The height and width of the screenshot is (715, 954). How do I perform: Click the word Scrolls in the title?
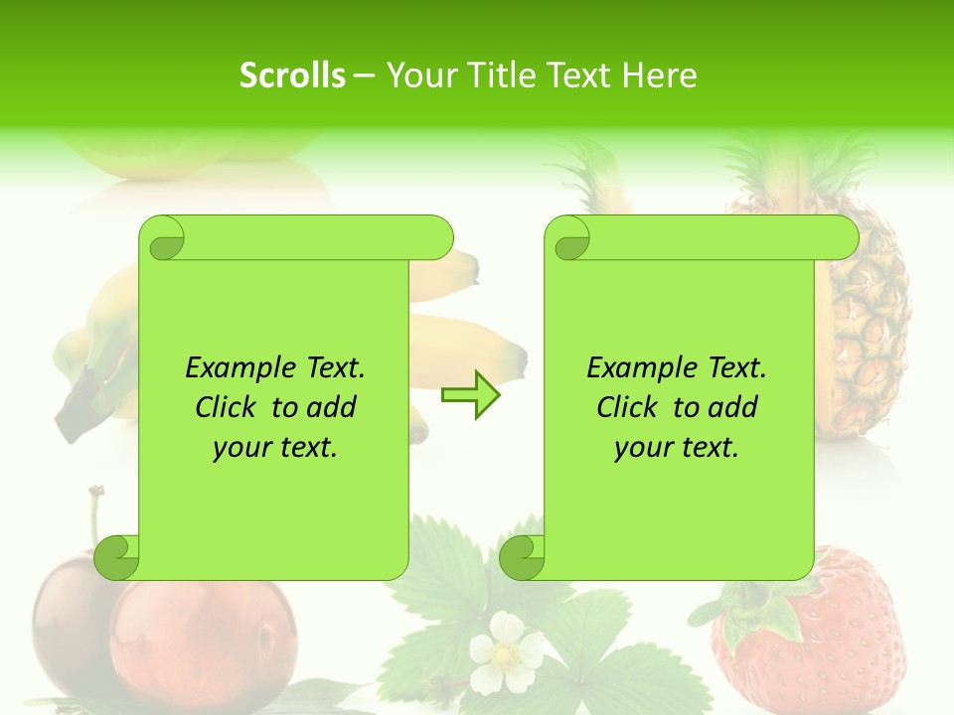pyautogui.click(x=292, y=75)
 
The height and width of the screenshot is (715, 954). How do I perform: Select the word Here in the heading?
pyautogui.click(x=659, y=75)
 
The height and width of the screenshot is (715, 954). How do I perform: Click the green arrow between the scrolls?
pyautogui.click(x=470, y=395)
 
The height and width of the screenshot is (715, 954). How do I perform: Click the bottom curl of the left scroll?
pyautogui.click(x=117, y=557)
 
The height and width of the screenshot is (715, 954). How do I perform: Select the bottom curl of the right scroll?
pyautogui.click(x=523, y=557)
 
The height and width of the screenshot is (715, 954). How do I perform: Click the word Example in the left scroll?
pyautogui.click(x=231, y=368)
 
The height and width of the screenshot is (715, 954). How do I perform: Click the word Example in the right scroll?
pyautogui.click(x=632, y=368)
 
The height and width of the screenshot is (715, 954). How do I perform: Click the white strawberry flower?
pyautogui.click(x=507, y=651)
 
